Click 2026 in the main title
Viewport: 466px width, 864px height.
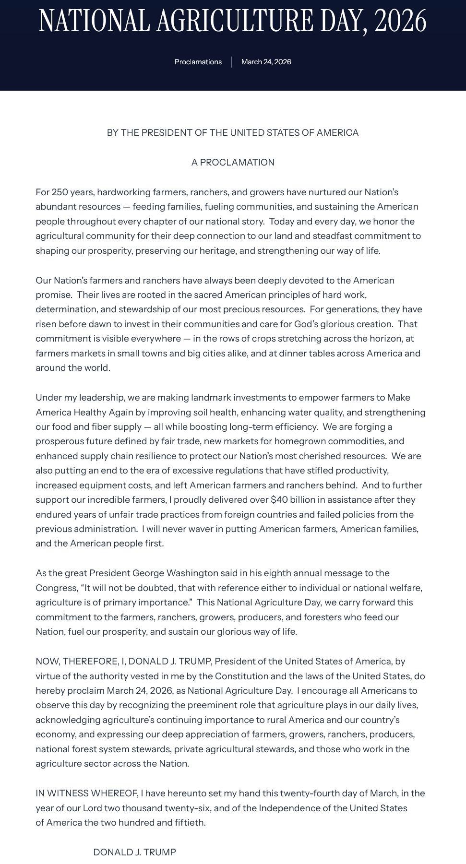(400, 21)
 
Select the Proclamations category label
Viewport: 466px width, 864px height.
(198, 62)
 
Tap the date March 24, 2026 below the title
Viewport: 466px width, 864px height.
(266, 62)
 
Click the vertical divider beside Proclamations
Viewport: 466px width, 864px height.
(231, 62)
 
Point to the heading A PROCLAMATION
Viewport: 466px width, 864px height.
(233, 162)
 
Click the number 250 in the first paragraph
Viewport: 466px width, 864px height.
(60, 192)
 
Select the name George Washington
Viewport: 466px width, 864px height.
(175, 573)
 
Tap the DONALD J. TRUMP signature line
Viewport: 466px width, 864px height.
(134, 852)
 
